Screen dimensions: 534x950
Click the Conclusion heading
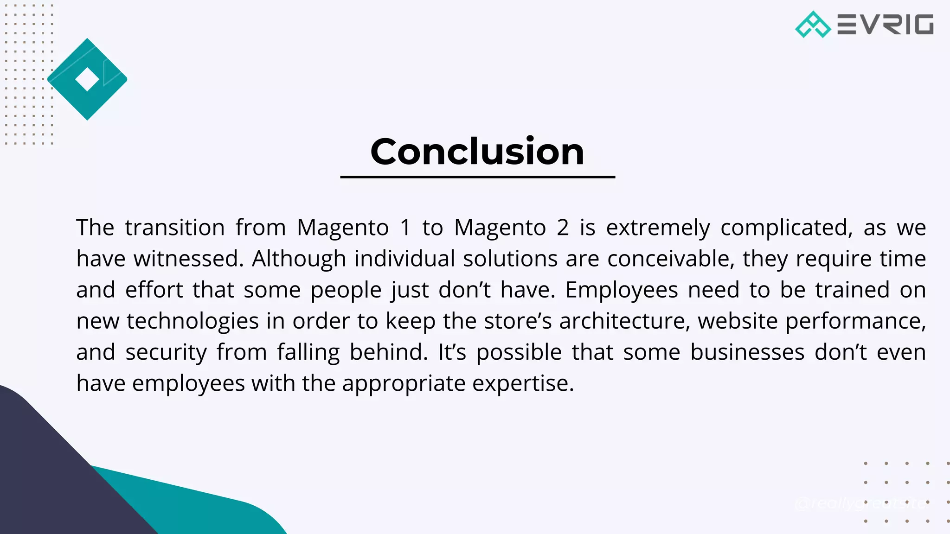[x=477, y=152]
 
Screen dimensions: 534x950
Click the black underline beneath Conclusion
[x=477, y=177]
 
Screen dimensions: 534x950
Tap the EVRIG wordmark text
[x=885, y=25]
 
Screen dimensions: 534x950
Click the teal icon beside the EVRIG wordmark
[x=813, y=25]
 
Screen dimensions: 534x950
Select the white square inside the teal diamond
[x=87, y=79]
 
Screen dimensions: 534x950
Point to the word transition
[x=174, y=228]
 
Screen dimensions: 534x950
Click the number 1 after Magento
[x=405, y=228]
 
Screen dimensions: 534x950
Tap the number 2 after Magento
[x=562, y=228]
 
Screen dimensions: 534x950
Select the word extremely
[x=658, y=228]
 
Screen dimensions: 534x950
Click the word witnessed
[x=189, y=259]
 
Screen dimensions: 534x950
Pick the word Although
[x=299, y=259]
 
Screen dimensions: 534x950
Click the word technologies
[x=193, y=321]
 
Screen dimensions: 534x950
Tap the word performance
[x=855, y=321]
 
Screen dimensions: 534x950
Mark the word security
[x=166, y=352]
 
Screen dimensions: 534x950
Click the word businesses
[x=747, y=352]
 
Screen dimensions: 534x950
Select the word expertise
[x=523, y=383]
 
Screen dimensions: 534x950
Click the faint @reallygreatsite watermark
[x=861, y=503]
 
